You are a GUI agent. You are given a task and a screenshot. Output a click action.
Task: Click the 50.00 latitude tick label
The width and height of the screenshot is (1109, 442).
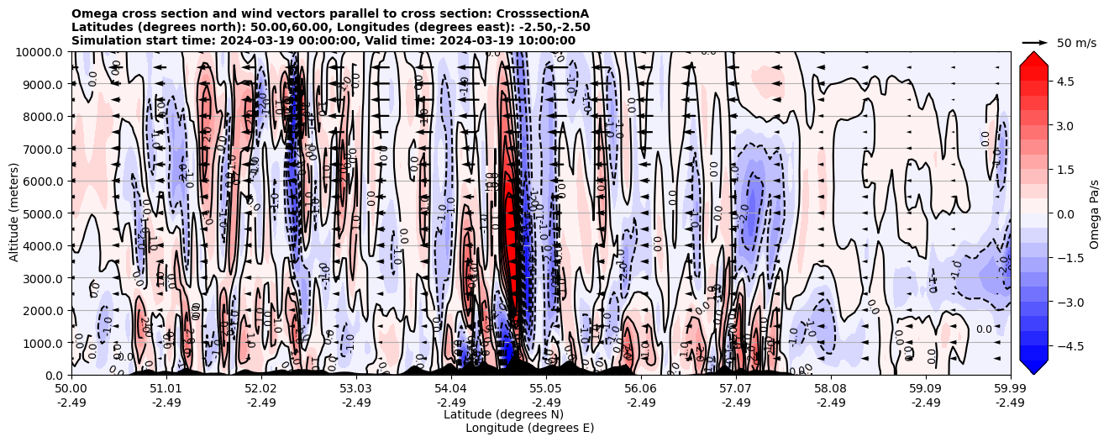coord(71,389)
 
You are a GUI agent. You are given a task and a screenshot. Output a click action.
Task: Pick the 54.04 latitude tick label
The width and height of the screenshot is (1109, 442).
coord(451,389)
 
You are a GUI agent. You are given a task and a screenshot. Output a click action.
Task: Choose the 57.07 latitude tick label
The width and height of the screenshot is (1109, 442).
coord(736,389)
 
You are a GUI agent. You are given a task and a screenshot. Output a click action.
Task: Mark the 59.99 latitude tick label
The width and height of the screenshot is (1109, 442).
coord(1010,389)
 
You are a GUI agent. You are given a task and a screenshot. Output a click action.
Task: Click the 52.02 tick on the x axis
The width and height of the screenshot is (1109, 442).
coord(261,389)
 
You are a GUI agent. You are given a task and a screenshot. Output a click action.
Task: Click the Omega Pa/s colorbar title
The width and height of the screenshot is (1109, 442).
coord(1094,213)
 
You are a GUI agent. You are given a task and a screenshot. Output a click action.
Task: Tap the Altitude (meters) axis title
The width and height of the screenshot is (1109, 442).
coord(14,213)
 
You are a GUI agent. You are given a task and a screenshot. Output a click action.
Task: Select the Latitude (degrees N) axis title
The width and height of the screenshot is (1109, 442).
coord(503,414)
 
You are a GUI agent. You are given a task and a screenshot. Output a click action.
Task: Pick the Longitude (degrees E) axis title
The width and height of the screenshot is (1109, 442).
coord(529,428)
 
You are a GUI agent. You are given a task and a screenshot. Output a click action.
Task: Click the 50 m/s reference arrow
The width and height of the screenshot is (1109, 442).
coord(1035,42)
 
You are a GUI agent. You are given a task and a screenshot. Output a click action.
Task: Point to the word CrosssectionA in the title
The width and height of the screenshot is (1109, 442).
coord(543,13)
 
